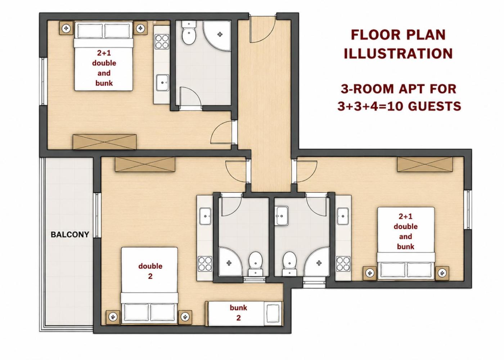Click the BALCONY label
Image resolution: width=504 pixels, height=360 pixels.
(x=70, y=235)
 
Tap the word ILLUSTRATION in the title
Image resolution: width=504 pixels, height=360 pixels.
(x=398, y=54)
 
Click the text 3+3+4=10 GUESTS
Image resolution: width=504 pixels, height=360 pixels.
(x=399, y=106)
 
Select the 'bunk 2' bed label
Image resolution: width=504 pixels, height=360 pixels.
(x=238, y=313)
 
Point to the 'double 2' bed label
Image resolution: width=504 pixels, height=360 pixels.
(x=150, y=271)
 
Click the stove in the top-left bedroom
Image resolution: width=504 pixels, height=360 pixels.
(x=162, y=41)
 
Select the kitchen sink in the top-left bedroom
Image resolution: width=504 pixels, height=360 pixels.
(x=162, y=82)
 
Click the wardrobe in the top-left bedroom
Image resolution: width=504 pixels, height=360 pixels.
(x=105, y=142)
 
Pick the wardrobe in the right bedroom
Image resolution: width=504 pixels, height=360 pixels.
(x=425, y=164)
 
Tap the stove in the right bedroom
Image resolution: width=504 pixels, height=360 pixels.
(x=343, y=264)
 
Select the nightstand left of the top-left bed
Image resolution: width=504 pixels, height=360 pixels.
(x=66, y=28)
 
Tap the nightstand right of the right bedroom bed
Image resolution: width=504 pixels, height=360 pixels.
(x=442, y=273)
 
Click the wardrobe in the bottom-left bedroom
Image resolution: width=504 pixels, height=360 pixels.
(x=145, y=165)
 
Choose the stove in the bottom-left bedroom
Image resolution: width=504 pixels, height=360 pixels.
(x=205, y=264)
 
